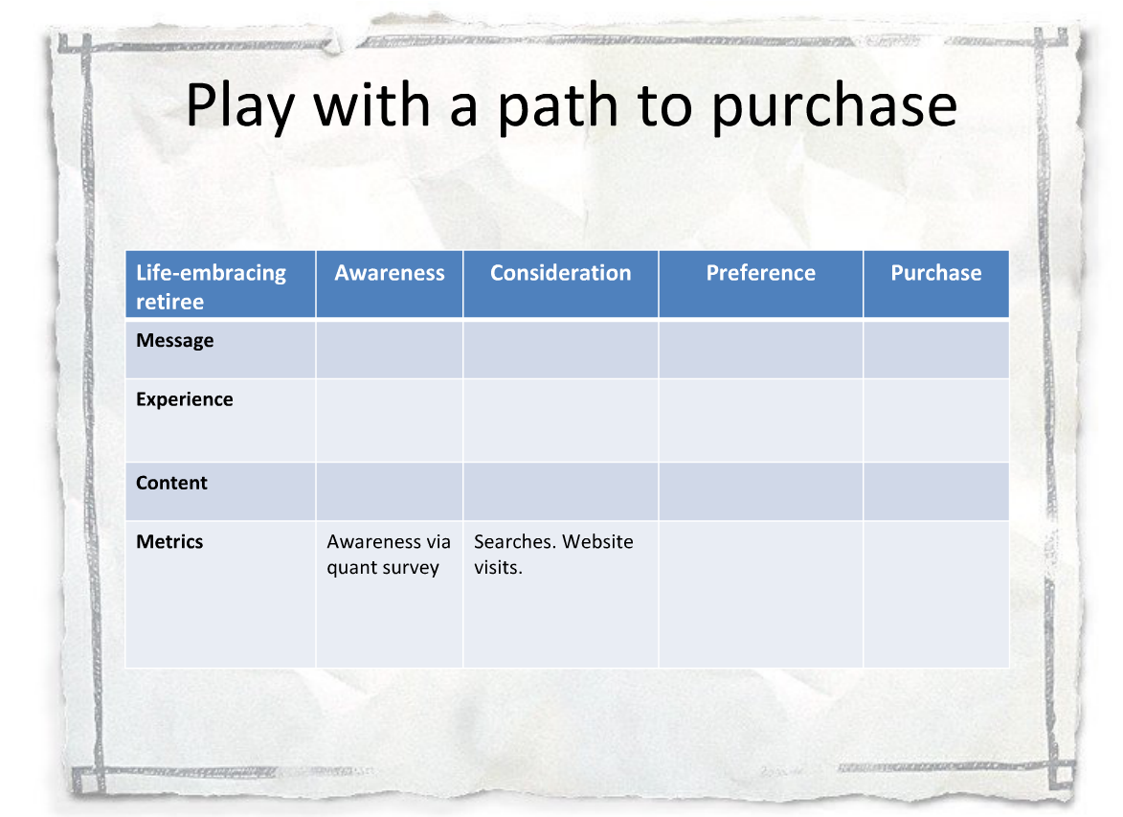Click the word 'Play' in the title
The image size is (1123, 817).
tap(240, 106)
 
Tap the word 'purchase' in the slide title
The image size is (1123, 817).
tap(835, 106)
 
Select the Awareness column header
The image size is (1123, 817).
tap(390, 273)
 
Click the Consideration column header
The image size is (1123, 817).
tap(561, 273)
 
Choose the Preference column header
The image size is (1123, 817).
tap(760, 273)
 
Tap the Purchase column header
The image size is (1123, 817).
tap(936, 273)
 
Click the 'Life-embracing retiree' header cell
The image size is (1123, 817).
tap(220, 284)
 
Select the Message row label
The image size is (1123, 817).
tap(175, 340)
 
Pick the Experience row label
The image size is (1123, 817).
tap(185, 399)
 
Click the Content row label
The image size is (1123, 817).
tap(172, 483)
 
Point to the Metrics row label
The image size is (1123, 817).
tap(169, 542)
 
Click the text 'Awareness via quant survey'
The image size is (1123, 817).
tap(389, 555)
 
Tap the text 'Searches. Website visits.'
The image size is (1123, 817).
tap(553, 555)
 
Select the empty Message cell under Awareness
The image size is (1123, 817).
tap(390, 349)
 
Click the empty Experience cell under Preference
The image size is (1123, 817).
tap(760, 420)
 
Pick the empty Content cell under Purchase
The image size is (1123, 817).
tap(936, 491)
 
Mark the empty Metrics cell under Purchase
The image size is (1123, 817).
tap(936, 595)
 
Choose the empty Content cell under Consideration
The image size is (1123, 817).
tap(561, 491)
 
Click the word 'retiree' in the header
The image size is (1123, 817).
tap(169, 303)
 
